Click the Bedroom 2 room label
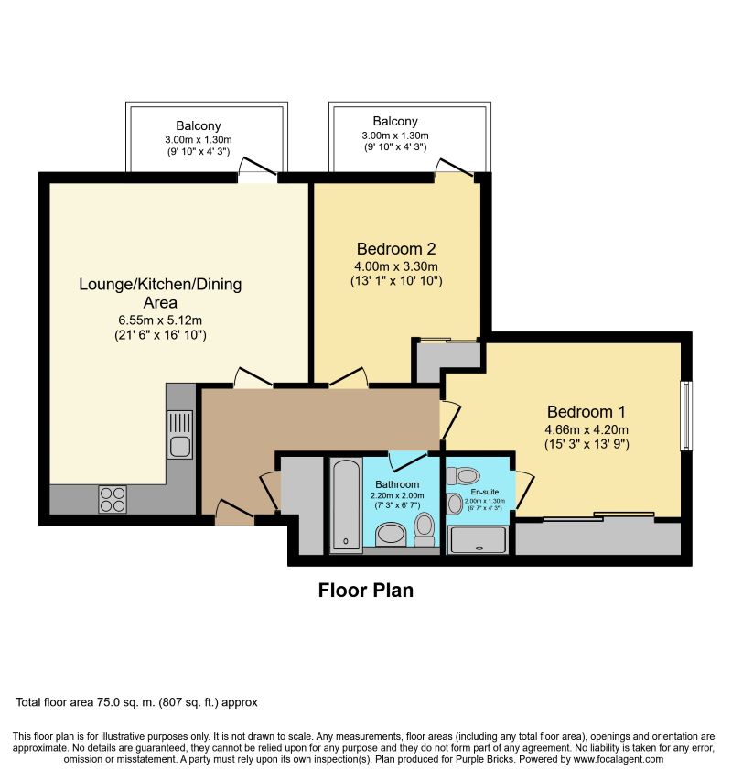tap(396, 248)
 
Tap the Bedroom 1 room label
tap(587, 411)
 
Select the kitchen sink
tap(179, 434)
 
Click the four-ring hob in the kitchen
tap(113, 499)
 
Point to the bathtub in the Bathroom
tap(346, 505)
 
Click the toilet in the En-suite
tap(463, 476)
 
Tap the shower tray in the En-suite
tap(479, 540)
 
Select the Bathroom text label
tap(397, 484)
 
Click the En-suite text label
tap(484, 492)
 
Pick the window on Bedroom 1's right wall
tap(686, 416)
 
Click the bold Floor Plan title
tap(366, 591)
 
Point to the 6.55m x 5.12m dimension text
tap(160, 320)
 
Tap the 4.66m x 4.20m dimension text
tap(587, 429)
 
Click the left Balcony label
tap(198, 125)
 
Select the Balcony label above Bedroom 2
tap(395, 121)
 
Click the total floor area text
tap(137, 702)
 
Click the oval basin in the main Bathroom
tap(392, 534)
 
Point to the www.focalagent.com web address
tap(618, 759)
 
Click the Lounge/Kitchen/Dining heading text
tap(160, 284)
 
